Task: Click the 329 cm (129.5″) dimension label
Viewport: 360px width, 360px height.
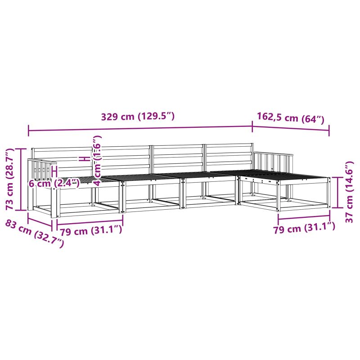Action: tap(138, 117)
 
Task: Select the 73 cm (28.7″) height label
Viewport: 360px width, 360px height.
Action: tap(10, 179)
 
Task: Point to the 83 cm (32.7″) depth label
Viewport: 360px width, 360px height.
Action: tap(35, 234)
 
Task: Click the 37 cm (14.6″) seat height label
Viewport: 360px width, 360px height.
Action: tap(349, 192)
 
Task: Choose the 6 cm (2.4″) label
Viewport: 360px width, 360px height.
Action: tap(54, 183)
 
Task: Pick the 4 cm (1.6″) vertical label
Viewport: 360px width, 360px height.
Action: tap(97, 161)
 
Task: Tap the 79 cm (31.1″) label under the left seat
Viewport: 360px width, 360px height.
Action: tap(91, 230)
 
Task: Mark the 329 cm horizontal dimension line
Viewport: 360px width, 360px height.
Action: tap(140, 128)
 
